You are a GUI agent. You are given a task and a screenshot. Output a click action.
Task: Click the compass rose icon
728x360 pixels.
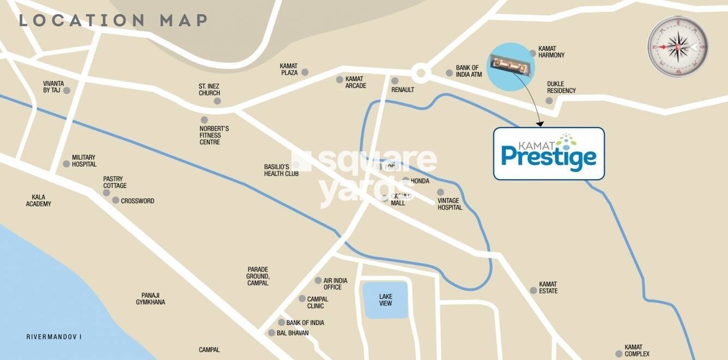point(678,47)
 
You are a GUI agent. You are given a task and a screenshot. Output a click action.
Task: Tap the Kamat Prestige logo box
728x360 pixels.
point(549,154)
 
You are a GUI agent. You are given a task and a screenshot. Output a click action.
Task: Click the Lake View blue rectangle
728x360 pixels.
point(386,300)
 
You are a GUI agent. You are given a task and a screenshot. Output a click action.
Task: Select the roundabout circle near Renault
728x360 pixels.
point(420,72)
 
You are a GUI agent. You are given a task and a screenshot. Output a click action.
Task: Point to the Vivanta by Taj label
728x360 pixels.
point(53,87)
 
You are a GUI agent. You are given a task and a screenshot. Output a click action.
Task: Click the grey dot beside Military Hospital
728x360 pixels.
point(66,163)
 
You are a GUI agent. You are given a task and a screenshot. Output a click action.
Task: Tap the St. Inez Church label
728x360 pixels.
point(209,89)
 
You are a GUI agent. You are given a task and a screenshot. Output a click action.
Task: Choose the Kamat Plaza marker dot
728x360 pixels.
point(305,72)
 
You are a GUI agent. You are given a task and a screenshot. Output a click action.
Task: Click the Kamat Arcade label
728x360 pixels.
point(355,82)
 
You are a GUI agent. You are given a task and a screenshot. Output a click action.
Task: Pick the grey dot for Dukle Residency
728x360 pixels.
point(550,100)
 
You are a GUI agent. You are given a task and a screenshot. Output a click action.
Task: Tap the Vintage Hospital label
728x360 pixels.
point(450,204)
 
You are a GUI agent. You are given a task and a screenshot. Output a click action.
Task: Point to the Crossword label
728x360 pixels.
point(137,201)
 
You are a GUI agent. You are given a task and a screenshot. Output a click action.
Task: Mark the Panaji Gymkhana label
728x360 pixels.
point(150,298)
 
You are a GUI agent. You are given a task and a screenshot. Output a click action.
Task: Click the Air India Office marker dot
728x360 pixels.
point(319,280)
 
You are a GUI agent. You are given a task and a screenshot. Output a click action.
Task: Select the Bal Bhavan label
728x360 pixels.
point(293,333)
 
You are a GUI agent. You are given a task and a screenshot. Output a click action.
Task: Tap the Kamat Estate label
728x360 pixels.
point(548,288)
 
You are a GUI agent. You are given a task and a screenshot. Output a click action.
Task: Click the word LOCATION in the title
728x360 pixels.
point(81,21)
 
